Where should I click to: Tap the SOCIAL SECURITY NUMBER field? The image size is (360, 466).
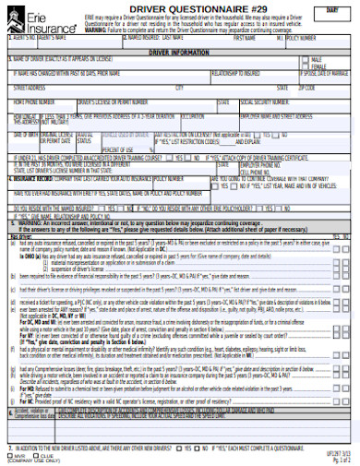click(295, 107)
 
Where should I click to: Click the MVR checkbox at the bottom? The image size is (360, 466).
click(9, 454)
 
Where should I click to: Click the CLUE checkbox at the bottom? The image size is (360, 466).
click(35, 454)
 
